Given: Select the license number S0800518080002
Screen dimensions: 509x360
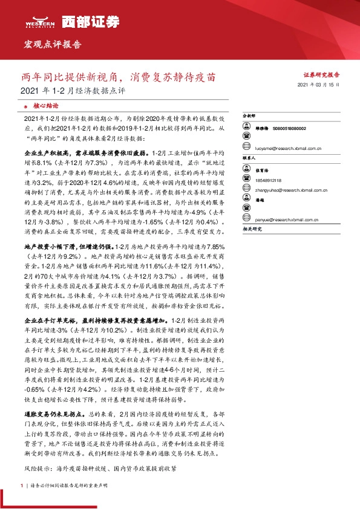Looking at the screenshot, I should (x=289, y=129).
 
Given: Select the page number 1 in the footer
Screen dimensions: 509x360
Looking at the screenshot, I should (x=22, y=485).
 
